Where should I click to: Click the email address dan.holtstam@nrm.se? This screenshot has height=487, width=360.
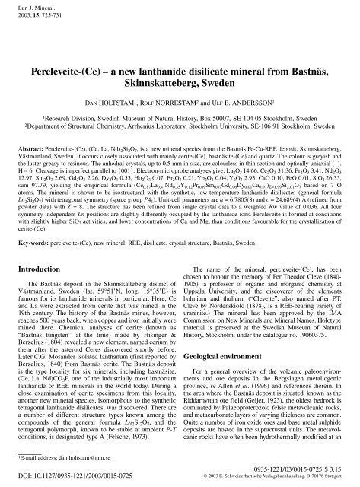pyautogui.click(x=71, y=460)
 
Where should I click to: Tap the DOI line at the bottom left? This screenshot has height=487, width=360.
pyautogui.click(x=75, y=476)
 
